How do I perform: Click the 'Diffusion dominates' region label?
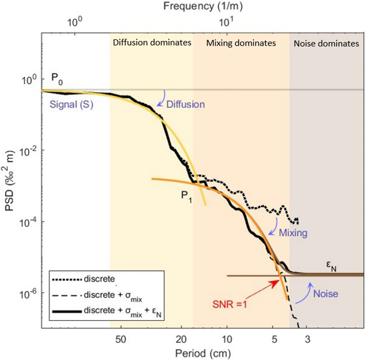coord(152,43)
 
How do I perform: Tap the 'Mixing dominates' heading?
coord(241,43)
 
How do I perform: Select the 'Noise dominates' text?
coord(325,43)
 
